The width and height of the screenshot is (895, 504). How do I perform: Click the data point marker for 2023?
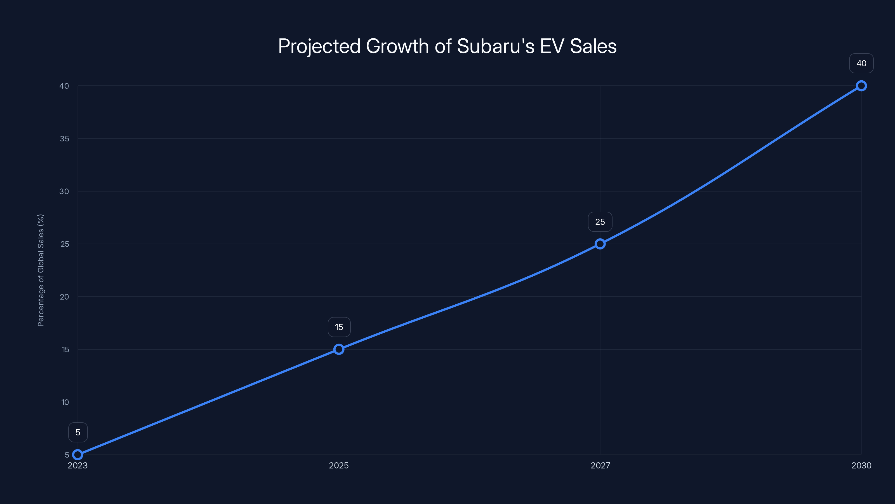(78, 455)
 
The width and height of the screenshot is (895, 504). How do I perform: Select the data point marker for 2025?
(339, 349)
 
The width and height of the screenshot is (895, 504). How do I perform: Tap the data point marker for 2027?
(600, 244)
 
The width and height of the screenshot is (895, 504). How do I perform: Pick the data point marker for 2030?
(861, 86)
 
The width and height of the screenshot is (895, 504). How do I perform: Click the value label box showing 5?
(78, 432)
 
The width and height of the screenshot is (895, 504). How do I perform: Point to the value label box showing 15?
(339, 327)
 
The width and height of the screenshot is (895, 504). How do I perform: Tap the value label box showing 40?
(861, 63)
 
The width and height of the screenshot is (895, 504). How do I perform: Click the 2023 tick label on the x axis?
(78, 465)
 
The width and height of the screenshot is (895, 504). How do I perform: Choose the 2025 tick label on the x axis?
(339, 465)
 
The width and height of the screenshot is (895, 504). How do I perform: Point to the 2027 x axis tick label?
(600, 465)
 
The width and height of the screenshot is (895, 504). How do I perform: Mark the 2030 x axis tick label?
(861, 465)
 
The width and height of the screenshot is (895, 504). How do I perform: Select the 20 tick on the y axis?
(64, 297)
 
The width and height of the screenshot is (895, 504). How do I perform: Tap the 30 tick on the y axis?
(64, 191)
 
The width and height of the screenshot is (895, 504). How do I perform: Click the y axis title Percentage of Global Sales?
(41, 270)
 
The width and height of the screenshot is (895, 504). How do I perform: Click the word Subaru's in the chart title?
(495, 46)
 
